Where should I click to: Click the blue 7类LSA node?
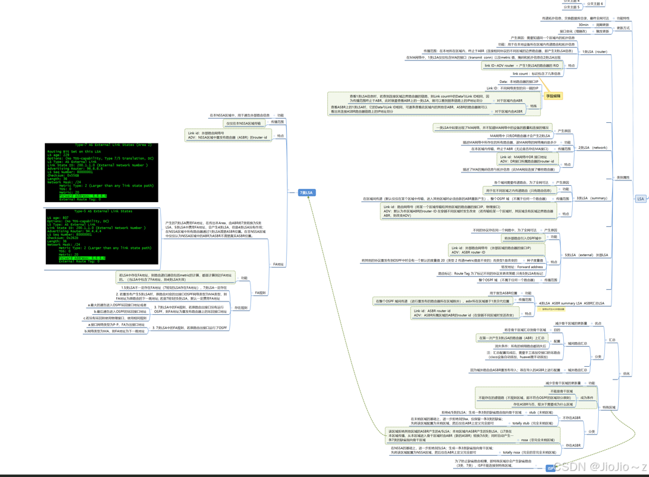pyautogui.click(x=307, y=192)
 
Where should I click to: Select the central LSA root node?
pyautogui.click(x=641, y=199)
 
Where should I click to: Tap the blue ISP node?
pyautogui.click(x=550, y=468)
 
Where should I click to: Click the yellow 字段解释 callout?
pyautogui.click(x=553, y=96)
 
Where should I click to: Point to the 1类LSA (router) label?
pyautogui.click(x=594, y=51)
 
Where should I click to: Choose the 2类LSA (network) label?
pyautogui.click(x=592, y=148)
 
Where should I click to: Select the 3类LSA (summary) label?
pyautogui.click(x=592, y=198)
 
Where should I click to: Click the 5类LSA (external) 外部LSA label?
pyautogui.click(x=586, y=255)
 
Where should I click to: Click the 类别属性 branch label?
pyautogui.click(x=622, y=177)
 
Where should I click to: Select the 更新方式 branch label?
pyautogui.click(x=623, y=28)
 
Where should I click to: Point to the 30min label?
pyautogui.click(x=583, y=25)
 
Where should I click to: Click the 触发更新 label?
pyautogui.click(x=602, y=31)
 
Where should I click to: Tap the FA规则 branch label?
pyautogui.click(x=260, y=293)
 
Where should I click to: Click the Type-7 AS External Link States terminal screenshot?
pyautogui.click(x=102, y=173)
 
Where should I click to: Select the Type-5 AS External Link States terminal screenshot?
pyautogui.click(x=102, y=237)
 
